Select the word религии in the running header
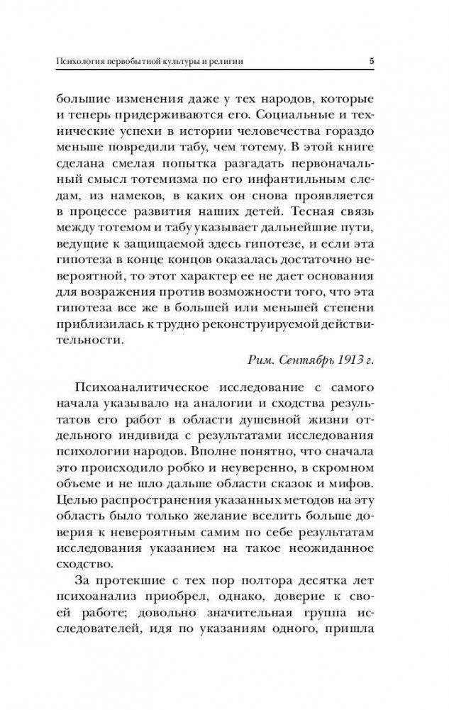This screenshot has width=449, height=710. [x=226, y=62]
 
